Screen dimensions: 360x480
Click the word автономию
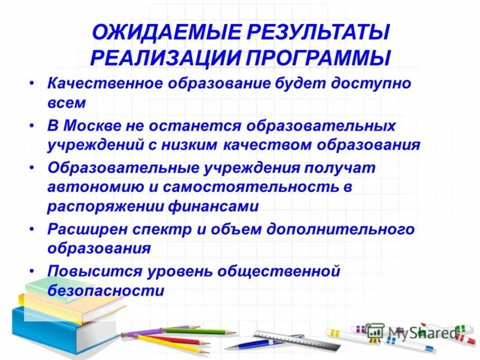click(93, 187)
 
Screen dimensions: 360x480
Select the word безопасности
click(106, 291)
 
